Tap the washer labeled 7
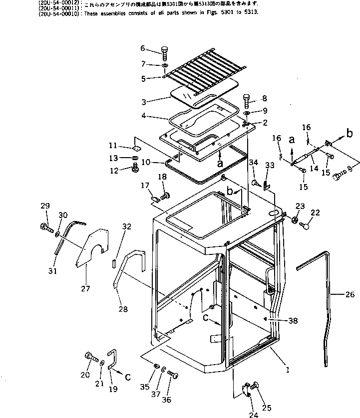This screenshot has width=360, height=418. pos(165,66)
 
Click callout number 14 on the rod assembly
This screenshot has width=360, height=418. pos(314,169)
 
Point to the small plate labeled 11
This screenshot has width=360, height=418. pos(136,148)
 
